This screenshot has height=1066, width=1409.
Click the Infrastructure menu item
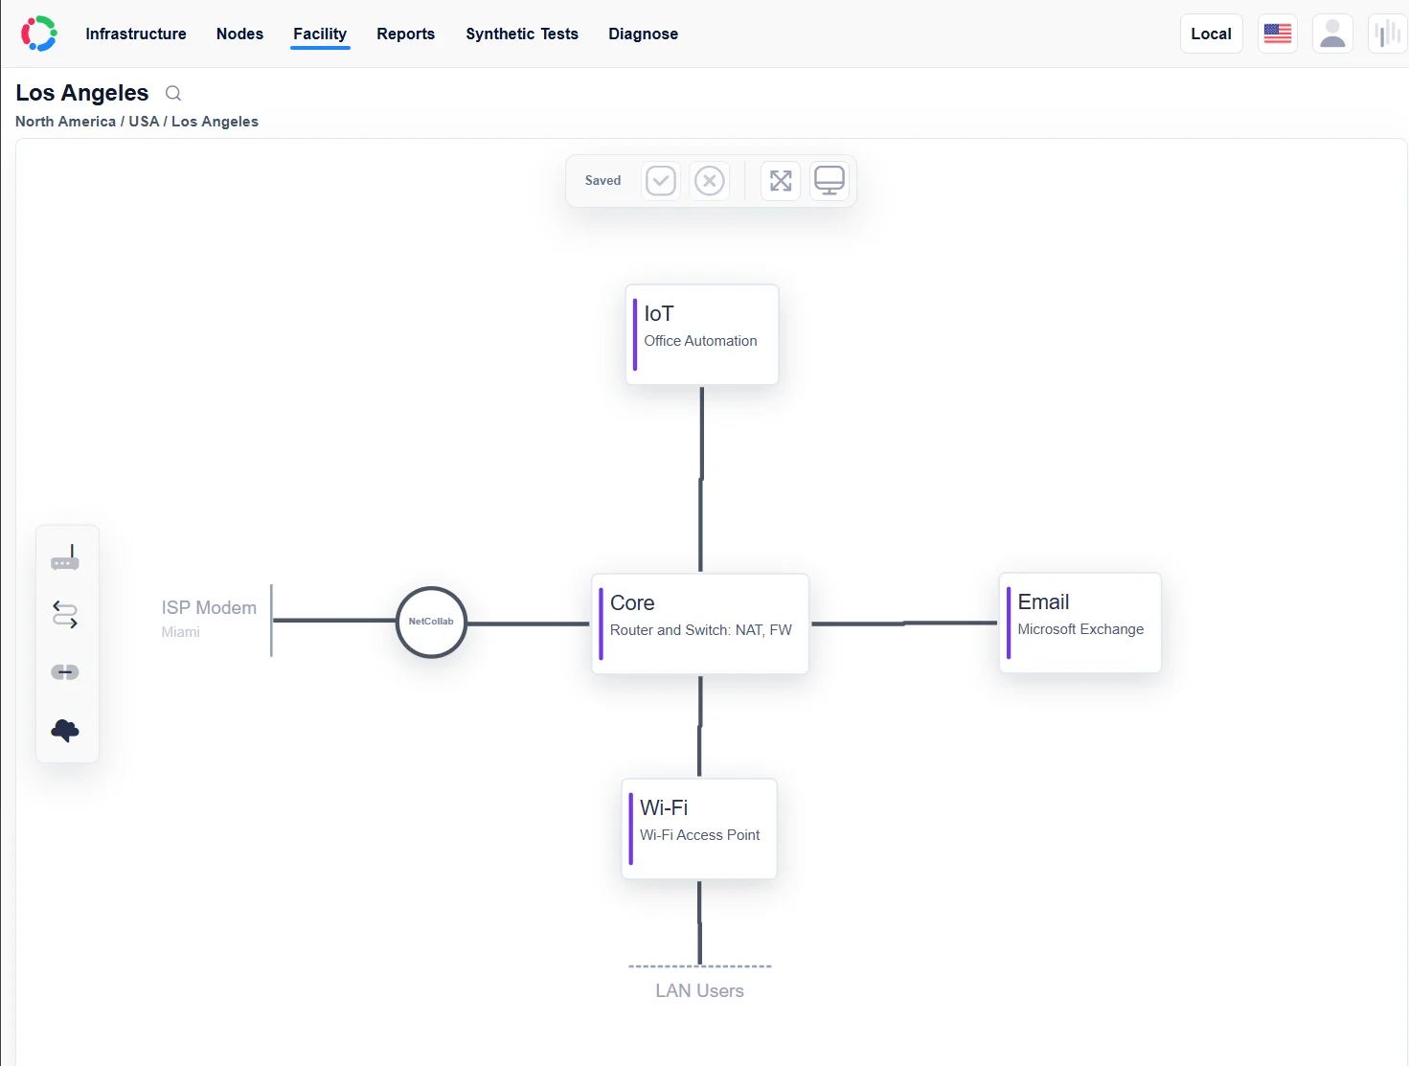[x=135, y=34]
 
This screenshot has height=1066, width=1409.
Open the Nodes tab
[x=239, y=34]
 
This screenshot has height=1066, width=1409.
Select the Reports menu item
[x=406, y=34]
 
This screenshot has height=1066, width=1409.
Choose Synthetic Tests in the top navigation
[x=522, y=34]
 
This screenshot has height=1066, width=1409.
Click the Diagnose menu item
[x=643, y=34]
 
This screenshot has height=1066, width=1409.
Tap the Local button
[x=1212, y=34]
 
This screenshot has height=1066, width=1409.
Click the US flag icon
[x=1278, y=34]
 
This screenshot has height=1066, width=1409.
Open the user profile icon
[x=1332, y=34]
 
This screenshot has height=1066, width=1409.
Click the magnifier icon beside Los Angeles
[x=173, y=94]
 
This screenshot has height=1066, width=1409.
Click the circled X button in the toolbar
[x=710, y=181]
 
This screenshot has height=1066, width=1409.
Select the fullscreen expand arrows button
[x=781, y=181]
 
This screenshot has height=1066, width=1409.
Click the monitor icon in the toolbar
[x=829, y=181]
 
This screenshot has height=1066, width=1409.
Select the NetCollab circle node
[x=431, y=622]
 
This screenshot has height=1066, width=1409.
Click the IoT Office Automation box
[x=702, y=334]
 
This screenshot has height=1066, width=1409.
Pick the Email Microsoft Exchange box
[x=1080, y=623]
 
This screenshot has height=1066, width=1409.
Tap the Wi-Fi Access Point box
[x=699, y=828]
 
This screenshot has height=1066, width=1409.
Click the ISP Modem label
[x=209, y=608]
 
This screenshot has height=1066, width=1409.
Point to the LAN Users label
[x=699, y=991]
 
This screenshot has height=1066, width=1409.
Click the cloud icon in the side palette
[x=65, y=731]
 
